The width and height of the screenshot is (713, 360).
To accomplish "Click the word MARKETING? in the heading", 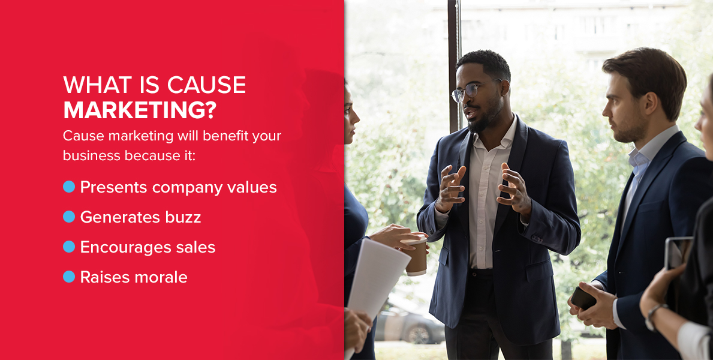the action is click(139, 110).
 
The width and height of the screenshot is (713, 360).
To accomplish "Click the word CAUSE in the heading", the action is click(206, 85).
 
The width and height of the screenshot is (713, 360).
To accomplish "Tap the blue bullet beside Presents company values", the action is click(69, 187).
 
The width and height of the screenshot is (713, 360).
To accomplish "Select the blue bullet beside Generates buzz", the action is click(69, 217).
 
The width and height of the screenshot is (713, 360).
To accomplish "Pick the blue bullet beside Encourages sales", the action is click(69, 247).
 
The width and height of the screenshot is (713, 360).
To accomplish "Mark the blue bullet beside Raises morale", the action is click(69, 277).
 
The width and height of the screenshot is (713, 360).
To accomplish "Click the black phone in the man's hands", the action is click(583, 299).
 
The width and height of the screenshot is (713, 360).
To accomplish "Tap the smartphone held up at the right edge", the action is click(677, 253).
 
